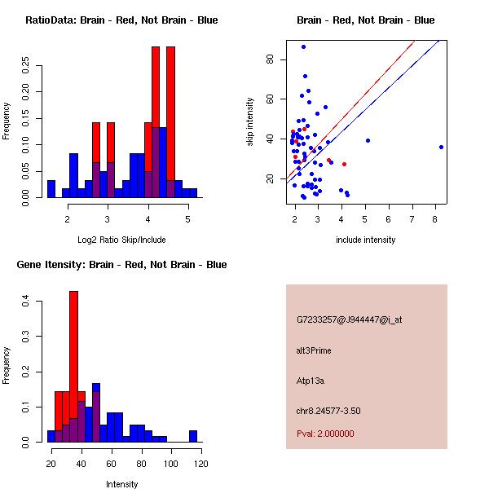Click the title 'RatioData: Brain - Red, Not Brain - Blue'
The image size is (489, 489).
121,20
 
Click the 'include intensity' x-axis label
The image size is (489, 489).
365,240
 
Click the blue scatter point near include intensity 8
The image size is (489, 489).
441,147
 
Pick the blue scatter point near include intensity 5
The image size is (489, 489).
368,140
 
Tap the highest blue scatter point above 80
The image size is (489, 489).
303,46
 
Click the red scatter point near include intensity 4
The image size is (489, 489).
344,164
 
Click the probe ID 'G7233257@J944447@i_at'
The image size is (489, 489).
349,319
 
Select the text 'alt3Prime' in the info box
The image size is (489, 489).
314,350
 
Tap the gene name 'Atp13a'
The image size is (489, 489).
312,380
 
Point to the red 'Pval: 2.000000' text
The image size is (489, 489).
325,434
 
